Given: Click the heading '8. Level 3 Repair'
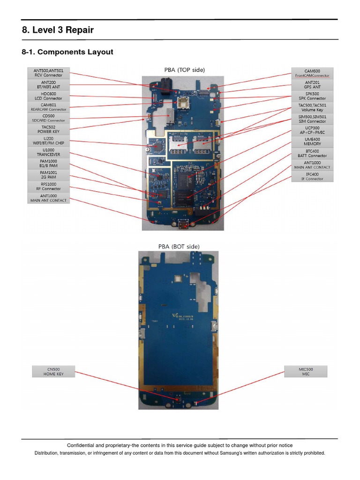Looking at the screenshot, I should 58,30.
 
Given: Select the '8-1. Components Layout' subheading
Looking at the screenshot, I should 67,52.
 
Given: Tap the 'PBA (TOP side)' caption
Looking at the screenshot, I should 184,70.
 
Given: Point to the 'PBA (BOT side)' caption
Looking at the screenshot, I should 179,246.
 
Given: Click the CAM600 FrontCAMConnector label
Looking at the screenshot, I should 312,73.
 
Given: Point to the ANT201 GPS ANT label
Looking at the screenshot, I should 312,84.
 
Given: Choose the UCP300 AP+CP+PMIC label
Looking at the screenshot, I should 312,130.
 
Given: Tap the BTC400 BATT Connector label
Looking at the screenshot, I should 312,153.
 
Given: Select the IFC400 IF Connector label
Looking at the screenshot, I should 312,176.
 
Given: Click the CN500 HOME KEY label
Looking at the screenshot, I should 53,372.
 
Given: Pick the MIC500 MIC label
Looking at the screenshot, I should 306,372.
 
